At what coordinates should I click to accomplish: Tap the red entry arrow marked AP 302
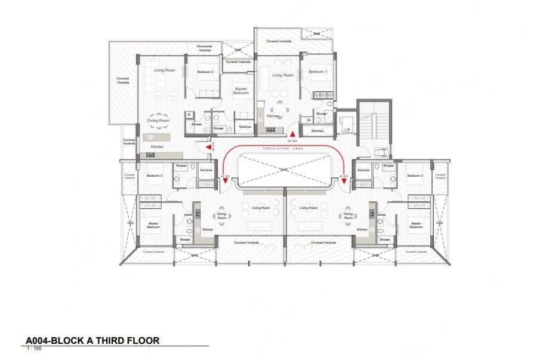pyautogui.click(x=226, y=181)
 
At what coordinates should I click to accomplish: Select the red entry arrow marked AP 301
pyautogui.click(x=344, y=181)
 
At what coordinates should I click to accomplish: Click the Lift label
pyautogui.click(x=347, y=129)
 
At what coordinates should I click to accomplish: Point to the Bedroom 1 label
pyautogui.click(x=317, y=72)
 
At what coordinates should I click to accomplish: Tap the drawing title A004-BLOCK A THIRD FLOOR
pyautogui.click(x=92, y=341)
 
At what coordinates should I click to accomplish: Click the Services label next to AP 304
pyautogui.click(x=317, y=130)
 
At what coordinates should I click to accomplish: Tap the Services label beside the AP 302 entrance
pyautogui.click(x=206, y=170)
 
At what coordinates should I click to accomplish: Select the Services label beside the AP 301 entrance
pyautogui.click(x=363, y=170)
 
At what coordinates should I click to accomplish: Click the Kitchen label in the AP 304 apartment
pyautogui.click(x=273, y=116)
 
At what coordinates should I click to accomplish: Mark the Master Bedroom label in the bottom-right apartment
pyautogui.click(x=416, y=225)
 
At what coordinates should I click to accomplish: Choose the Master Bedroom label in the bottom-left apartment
pyautogui.click(x=153, y=225)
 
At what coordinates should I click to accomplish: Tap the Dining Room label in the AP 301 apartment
pyautogui.click(x=348, y=216)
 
